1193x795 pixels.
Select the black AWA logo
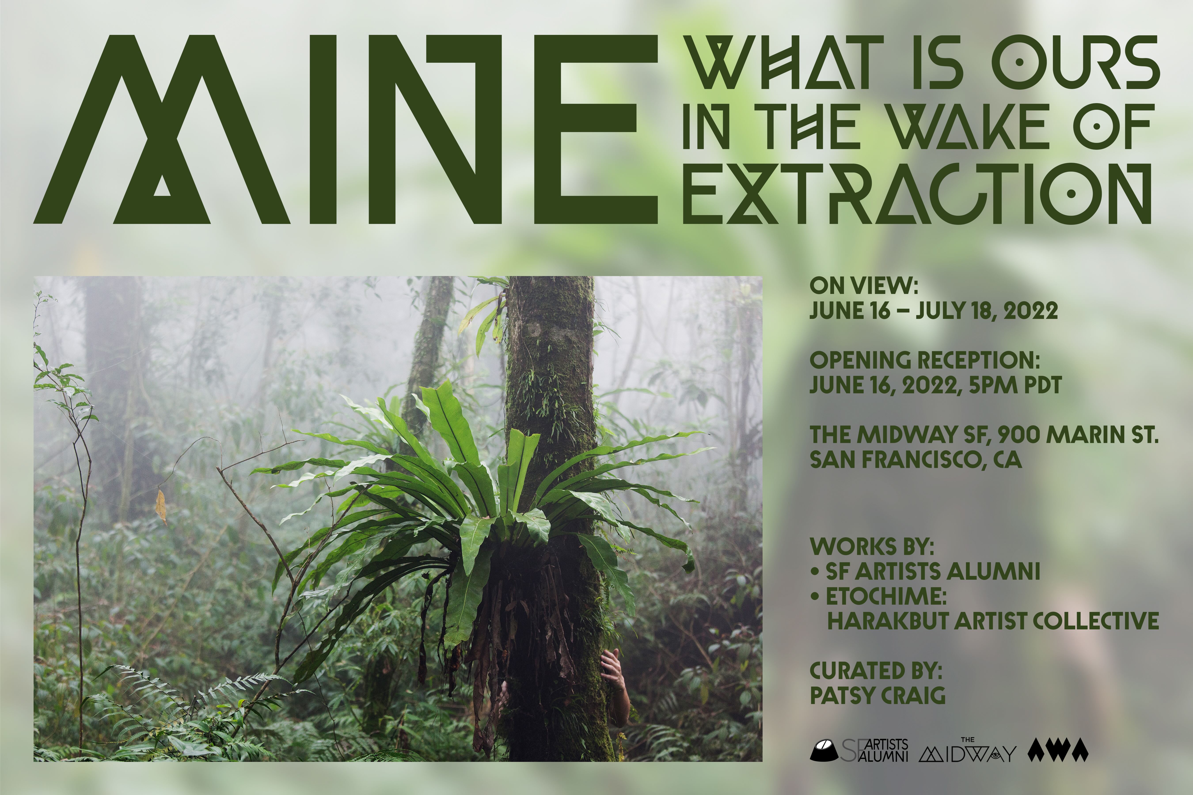1058,750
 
